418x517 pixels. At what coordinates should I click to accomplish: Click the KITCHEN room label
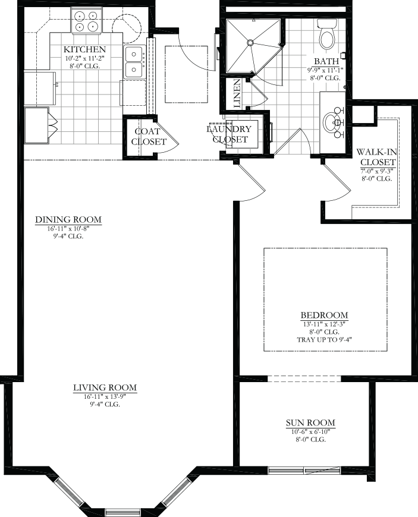(x=84, y=49)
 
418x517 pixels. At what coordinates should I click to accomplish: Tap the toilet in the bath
(x=327, y=33)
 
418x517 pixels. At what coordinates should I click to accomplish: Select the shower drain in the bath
(x=250, y=42)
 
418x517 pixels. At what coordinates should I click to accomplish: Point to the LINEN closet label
(x=237, y=94)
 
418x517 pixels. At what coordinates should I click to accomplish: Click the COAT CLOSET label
(x=149, y=137)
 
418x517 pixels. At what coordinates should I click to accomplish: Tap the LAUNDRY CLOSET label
(x=230, y=134)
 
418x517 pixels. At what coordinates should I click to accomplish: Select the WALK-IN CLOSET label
(x=376, y=157)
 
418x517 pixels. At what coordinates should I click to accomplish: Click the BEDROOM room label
(x=324, y=315)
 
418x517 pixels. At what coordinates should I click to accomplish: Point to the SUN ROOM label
(x=310, y=423)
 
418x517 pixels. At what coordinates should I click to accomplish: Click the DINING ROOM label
(x=68, y=220)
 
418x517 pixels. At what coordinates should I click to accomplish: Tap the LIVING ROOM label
(x=105, y=387)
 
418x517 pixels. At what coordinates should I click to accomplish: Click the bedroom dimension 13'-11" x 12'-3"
(x=324, y=324)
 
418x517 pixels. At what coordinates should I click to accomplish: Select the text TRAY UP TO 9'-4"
(x=324, y=340)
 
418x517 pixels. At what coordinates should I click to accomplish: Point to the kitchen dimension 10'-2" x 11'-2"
(x=84, y=58)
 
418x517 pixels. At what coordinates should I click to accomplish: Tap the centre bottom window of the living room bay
(x=122, y=512)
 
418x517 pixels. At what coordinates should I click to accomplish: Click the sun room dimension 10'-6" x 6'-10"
(x=310, y=431)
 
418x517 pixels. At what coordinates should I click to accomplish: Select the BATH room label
(x=326, y=61)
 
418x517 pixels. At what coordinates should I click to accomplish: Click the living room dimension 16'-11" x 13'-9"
(x=105, y=396)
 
